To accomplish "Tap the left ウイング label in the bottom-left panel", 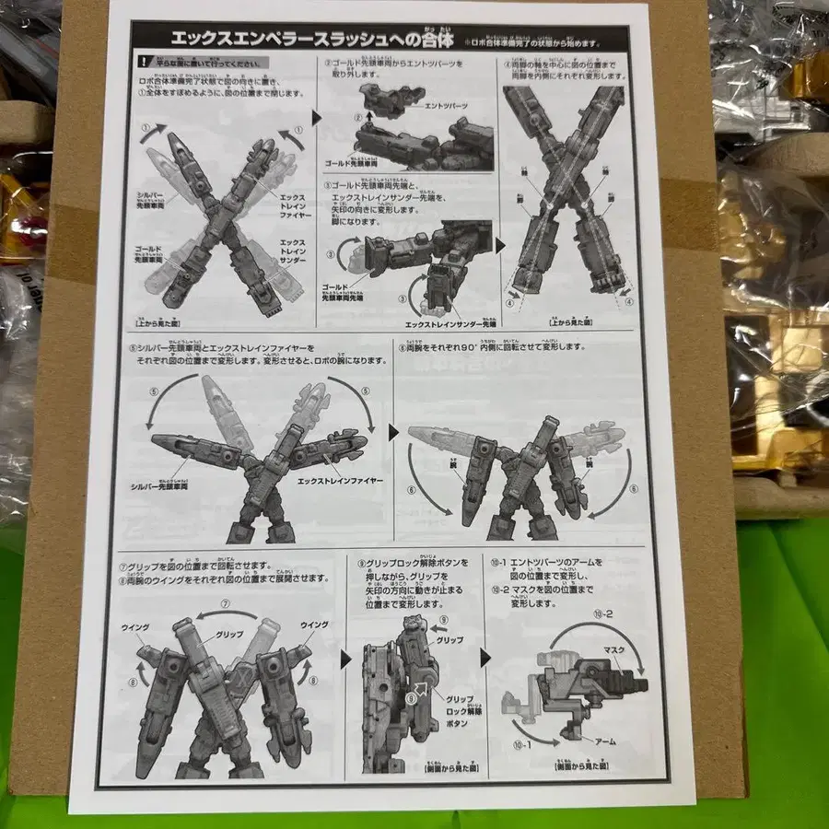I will (134, 625).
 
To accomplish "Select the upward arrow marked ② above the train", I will (358, 118).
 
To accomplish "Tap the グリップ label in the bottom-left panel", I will (228, 636).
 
